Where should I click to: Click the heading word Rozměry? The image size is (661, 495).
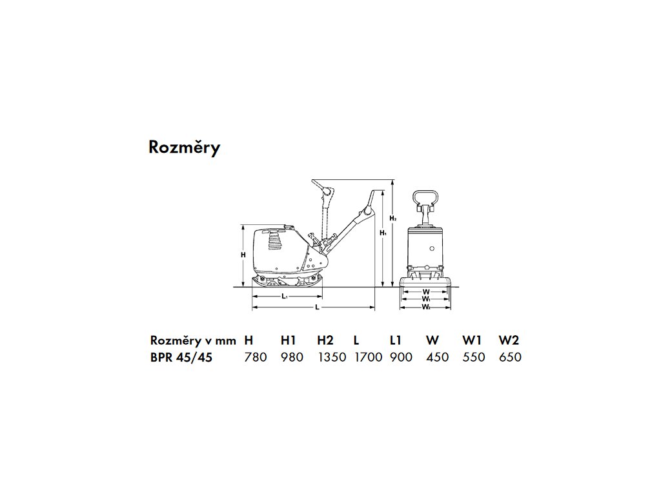click(x=184, y=148)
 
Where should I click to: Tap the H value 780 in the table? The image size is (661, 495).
click(x=256, y=357)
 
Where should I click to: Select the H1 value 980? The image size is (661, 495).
click(x=292, y=357)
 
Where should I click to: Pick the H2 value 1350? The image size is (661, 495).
click(x=331, y=357)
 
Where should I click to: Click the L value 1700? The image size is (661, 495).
click(x=368, y=357)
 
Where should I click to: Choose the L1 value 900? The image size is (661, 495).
click(x=401, y=357)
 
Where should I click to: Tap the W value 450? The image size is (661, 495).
click(x=438, y=357)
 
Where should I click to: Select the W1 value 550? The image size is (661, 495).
click(x=474, y=357)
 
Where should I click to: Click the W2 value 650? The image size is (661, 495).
click(x=510, y=357)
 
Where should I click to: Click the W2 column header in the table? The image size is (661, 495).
click(x=509, y=340)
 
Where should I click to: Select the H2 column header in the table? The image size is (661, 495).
click(x=325, y=340)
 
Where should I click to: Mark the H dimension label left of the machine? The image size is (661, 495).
click(x=243, y=255)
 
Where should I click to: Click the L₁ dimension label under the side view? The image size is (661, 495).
click(x=284, y=296)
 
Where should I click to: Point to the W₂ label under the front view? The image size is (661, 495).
click(x=426, y=307)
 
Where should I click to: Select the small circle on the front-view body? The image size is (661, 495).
click(x=432, y=247)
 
